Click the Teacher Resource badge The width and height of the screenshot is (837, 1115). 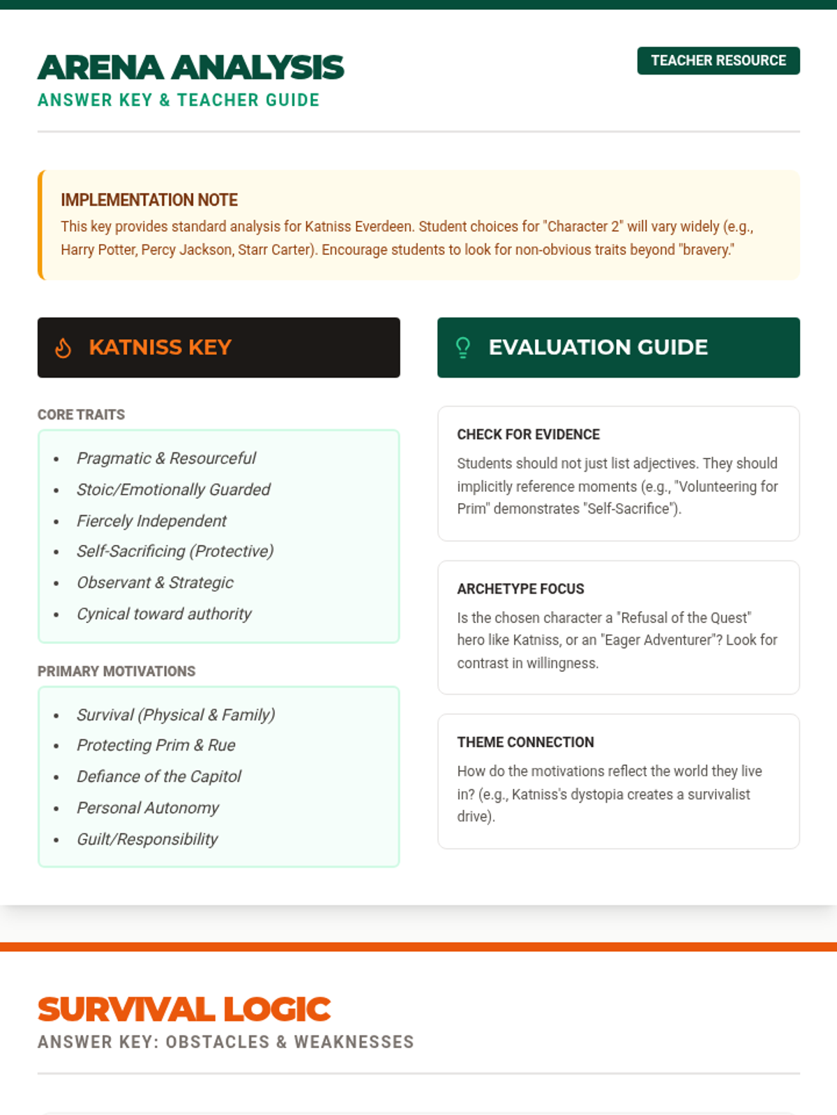pos(718,61)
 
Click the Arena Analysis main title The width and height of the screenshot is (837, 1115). pos(190,68)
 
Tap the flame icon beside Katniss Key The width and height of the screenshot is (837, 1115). pos(63,348)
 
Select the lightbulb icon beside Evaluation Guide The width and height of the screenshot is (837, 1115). pos(462,347)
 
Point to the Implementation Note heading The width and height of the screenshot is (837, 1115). pos(149,200)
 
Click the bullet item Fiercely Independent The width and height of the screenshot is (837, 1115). pos(151,521)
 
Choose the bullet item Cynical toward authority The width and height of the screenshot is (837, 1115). pos(164,614)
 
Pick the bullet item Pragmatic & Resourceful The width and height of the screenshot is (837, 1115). pos(166,458)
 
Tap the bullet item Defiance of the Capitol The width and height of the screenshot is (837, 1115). pos(158,776)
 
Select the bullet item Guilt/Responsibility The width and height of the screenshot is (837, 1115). pos(147,839)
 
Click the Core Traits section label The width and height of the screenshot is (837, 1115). pos(81,415)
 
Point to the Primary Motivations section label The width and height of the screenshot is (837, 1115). pos(116,671)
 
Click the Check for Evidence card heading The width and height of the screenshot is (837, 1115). pos(528,434)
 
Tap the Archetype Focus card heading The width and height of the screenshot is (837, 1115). pos(520,589)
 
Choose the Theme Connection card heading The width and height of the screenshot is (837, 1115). pos(525,742)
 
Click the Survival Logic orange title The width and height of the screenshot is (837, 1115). pos(184,1009)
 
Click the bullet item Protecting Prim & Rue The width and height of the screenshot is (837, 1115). pos(156,745)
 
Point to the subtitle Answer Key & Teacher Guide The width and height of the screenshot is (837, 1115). pos(179,100)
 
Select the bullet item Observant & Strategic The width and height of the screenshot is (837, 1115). pos(155,583)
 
